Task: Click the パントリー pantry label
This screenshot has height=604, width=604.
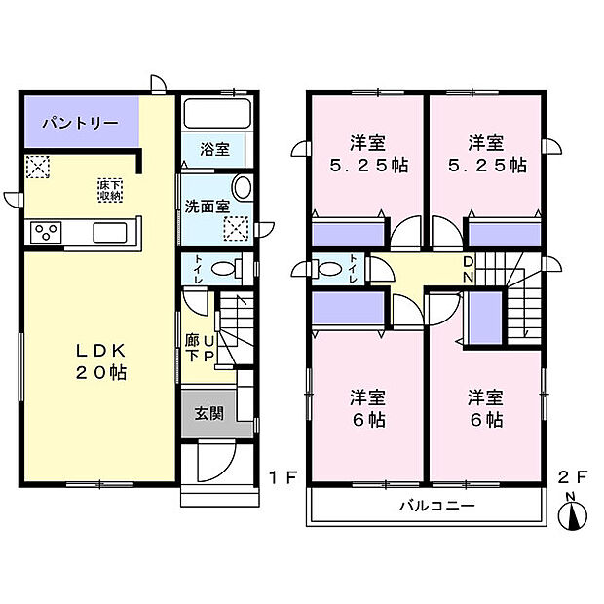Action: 80,124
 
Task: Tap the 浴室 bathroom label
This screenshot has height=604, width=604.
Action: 215,150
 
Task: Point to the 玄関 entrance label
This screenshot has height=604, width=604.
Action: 208,413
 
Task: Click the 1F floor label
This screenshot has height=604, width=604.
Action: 283,476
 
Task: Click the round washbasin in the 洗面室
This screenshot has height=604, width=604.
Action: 242,188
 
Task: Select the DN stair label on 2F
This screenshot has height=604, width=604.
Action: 469,270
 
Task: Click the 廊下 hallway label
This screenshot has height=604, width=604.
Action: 192,349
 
